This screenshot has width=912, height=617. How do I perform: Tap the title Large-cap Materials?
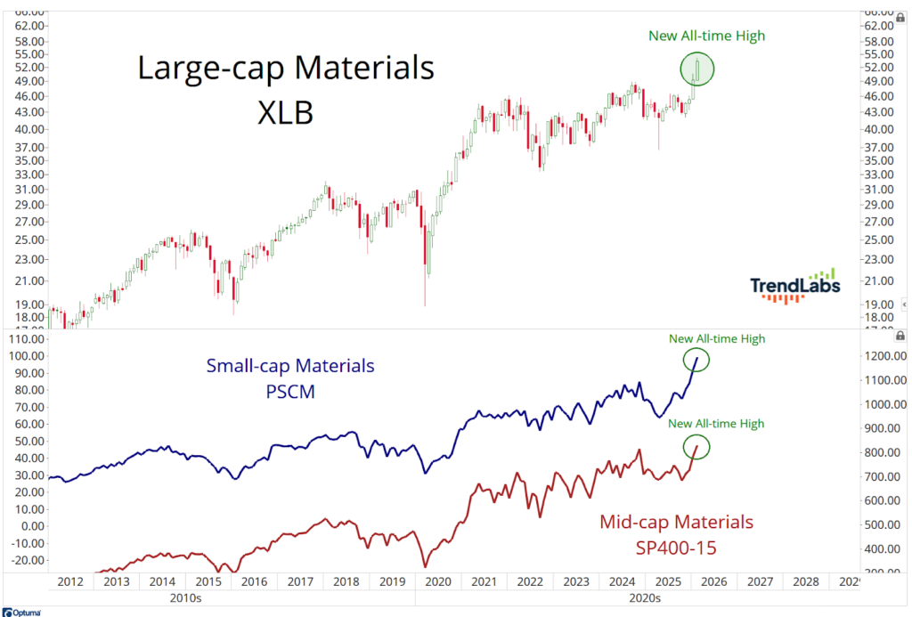pyautogui.click(x=285, y=69)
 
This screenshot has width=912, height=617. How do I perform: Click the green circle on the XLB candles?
pyautogui.click(x=697, y=69)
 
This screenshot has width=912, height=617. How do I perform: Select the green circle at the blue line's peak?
pyautogui.click(x=696, y=359)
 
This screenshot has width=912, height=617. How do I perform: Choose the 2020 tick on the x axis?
pyautogui.click(x=437, y=581)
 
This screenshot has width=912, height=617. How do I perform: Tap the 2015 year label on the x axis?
pyautogui.click(x=208, y=581)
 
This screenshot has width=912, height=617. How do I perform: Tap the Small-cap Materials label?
pyautogui.click(x=290, y=366)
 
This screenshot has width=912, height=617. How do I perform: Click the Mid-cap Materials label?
pyautogui.click(x=677, y=522)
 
